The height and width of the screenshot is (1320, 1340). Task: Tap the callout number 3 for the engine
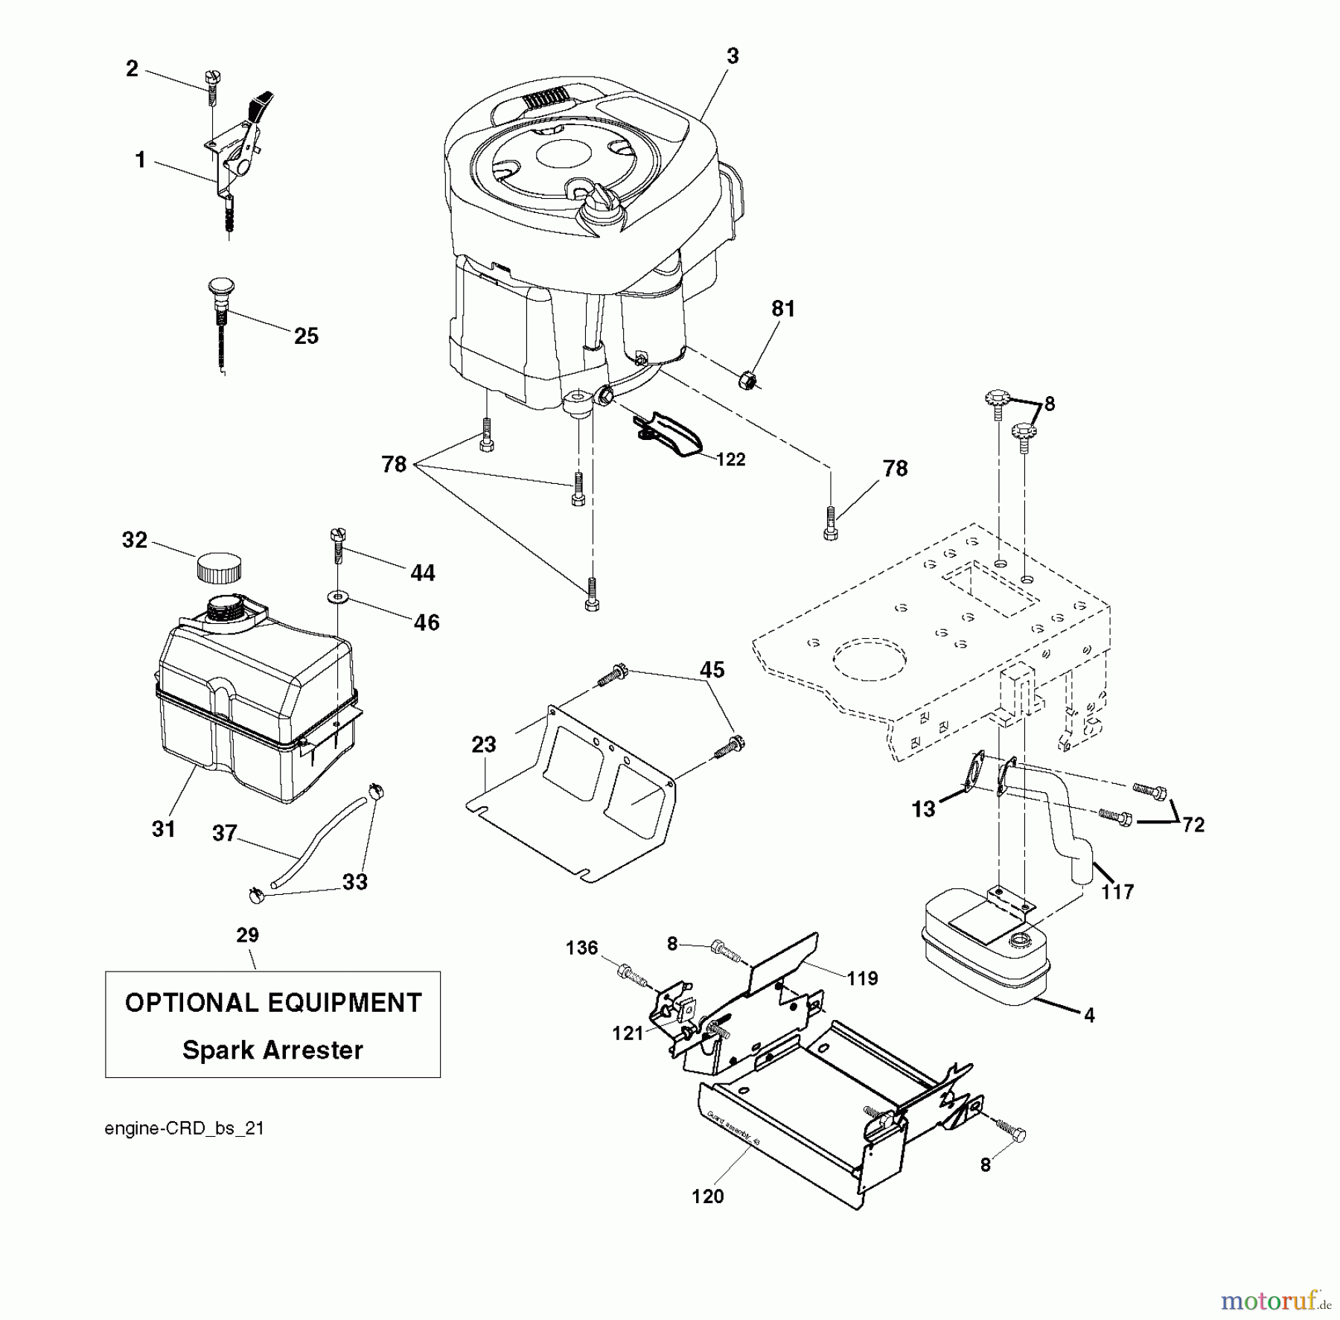[733, 57]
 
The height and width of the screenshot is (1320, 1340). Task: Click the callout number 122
[730, 459]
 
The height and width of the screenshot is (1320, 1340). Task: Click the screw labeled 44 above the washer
[337, 546]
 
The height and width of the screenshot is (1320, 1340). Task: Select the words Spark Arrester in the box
[272, 1050]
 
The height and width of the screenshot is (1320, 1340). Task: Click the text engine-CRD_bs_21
[184, 1128]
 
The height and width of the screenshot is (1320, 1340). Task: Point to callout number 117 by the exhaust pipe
[1117, 891]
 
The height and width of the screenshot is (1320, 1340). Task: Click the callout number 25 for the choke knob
[306, 337]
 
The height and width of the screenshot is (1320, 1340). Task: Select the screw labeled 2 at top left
[211, 87]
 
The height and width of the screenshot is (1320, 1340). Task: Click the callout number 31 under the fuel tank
[164, 829]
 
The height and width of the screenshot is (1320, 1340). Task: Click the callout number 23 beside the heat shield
[484, 744]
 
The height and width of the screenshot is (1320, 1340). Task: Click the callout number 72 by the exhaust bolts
[1193, 825]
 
